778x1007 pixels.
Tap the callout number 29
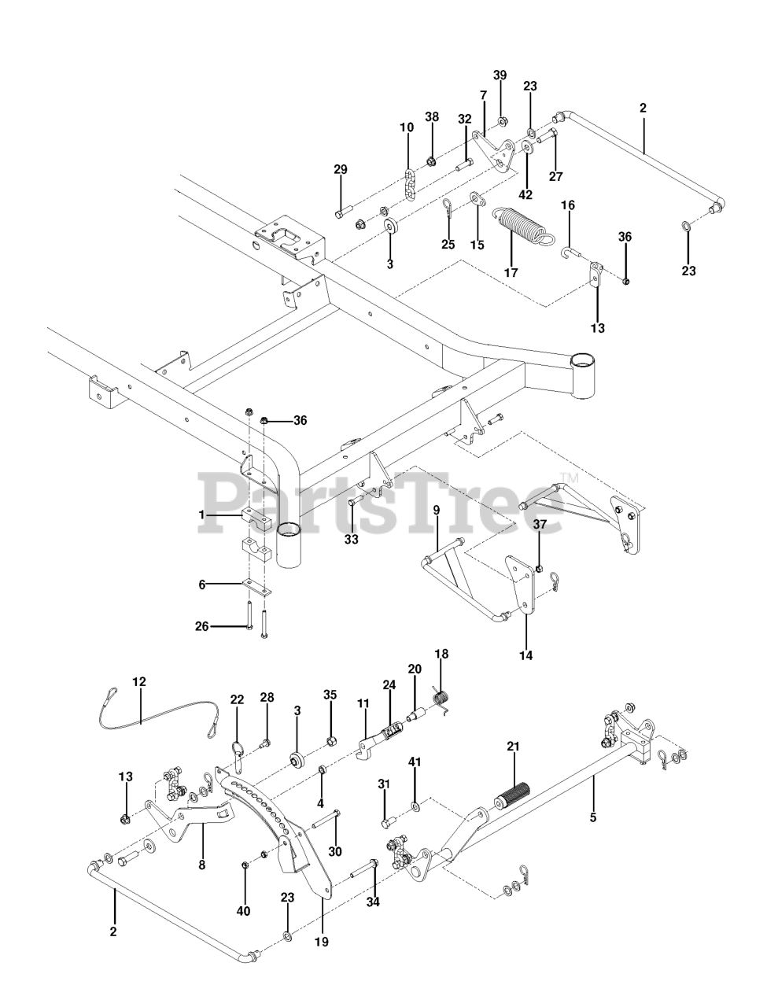click(x=340, y=169)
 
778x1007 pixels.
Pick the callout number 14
click(x=525, y=655)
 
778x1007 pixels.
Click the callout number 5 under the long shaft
click(x=593, y=817)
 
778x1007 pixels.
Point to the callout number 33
click(x=351, y=540)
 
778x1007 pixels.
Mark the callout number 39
click(x=500, y=75)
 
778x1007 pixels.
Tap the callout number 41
click(x=415, y=762)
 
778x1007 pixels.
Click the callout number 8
click(x=201, y=864)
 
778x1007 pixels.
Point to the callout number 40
click(x=244, y=910)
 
